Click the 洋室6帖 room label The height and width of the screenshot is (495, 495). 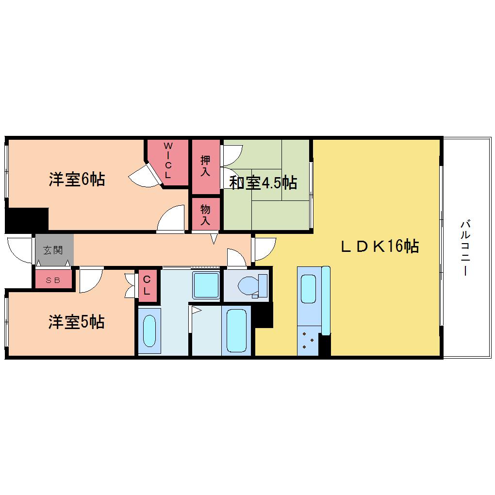click(x=77, y=180)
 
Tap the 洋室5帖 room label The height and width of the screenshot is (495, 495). click(x=76, y=322)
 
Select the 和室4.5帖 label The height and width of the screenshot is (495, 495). click(x=263, y=182)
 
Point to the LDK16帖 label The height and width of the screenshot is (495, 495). click(x=380, y=246)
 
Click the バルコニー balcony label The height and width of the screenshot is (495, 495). click(x=465, y=248)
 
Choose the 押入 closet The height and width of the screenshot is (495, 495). click(x=206, y=166)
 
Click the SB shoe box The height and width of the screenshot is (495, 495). click(x=53, y=280)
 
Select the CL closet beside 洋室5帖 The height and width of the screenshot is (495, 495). click(x=148, y=285)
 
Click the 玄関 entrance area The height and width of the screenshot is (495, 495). click(x=54, y=250)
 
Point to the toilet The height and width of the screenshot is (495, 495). click(x=252, y=286)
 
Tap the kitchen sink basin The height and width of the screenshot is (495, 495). click(x=309, y=289)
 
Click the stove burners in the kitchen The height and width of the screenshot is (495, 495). click(x=308, y=340)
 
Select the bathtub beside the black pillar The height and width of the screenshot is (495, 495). click(x=236, y=330)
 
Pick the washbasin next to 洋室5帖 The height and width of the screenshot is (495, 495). click(x=149, y=331)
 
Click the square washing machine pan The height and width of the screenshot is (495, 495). click(x=206, y=285)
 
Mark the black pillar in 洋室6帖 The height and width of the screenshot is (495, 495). click(x=27, y=220)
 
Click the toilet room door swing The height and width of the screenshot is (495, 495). click(x=236, y=258)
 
